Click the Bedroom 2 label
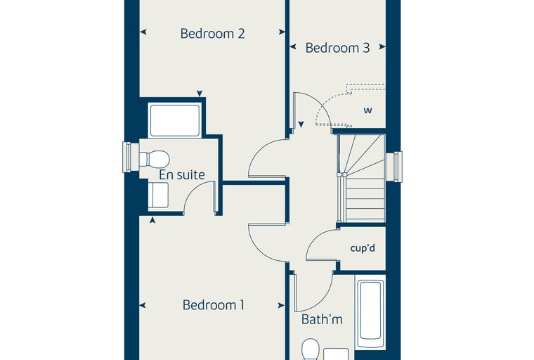click(212, 34)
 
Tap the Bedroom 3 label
click(337, 48)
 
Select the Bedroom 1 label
click(214, 304)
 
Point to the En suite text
click(182, 175)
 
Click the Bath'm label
click(322, 319)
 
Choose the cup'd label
click(363, 247)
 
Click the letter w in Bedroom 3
click(367, 110)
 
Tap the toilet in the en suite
click(155, 159)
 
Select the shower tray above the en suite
click(174, 121)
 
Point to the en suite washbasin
click(158, 195)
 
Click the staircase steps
click(363, 178)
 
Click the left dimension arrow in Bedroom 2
click(143, 32)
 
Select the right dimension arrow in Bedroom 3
click(382, 46)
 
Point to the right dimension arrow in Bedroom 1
click(281, 305)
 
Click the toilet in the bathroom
click(311, 349)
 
